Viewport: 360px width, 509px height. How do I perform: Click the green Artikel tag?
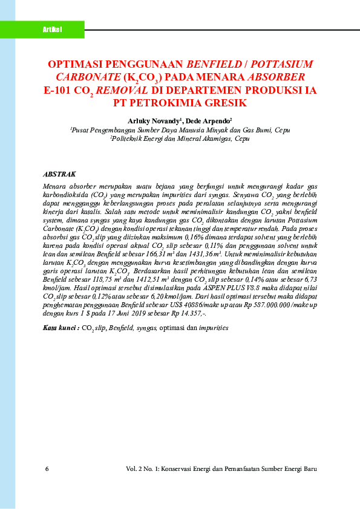[x=53, y=30]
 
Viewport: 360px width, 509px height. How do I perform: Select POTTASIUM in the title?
[x=282, y=63]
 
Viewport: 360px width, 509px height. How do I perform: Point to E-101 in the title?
[x=60, y=90]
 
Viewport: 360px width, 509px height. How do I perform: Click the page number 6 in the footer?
[x=47, y=469]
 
